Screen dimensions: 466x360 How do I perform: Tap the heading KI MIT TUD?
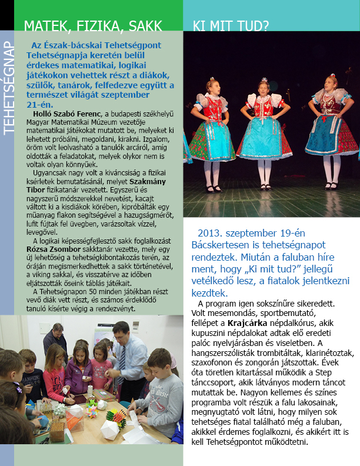coord(231,25)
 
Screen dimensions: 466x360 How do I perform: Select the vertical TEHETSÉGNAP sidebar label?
coord(8,89)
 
